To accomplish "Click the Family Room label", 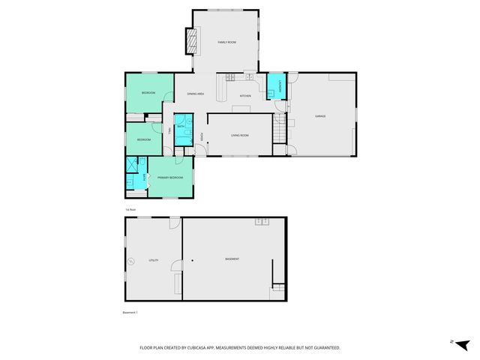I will [x=226, y=43].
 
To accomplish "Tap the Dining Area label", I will [x=196, y=94].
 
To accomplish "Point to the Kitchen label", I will [x=244, y=96].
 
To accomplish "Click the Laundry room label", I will [x=275, y=86].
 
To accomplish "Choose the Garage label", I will [x=320, y=116].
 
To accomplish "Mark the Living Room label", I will [x=239, y=135].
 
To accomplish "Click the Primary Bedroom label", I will [x=170, y=177].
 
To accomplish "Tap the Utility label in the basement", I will [x=153, y=259].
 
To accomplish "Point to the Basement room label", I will [x=232, y=259].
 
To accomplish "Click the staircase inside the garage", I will [x=281, y=133].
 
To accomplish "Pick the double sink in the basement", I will [x=261, y=221].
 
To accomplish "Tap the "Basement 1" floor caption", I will [x=131, y=311].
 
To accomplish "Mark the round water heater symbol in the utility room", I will [x=131, y=261].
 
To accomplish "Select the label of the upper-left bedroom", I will [x=148, y=93].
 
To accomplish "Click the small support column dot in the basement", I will [x=192, y=260].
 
